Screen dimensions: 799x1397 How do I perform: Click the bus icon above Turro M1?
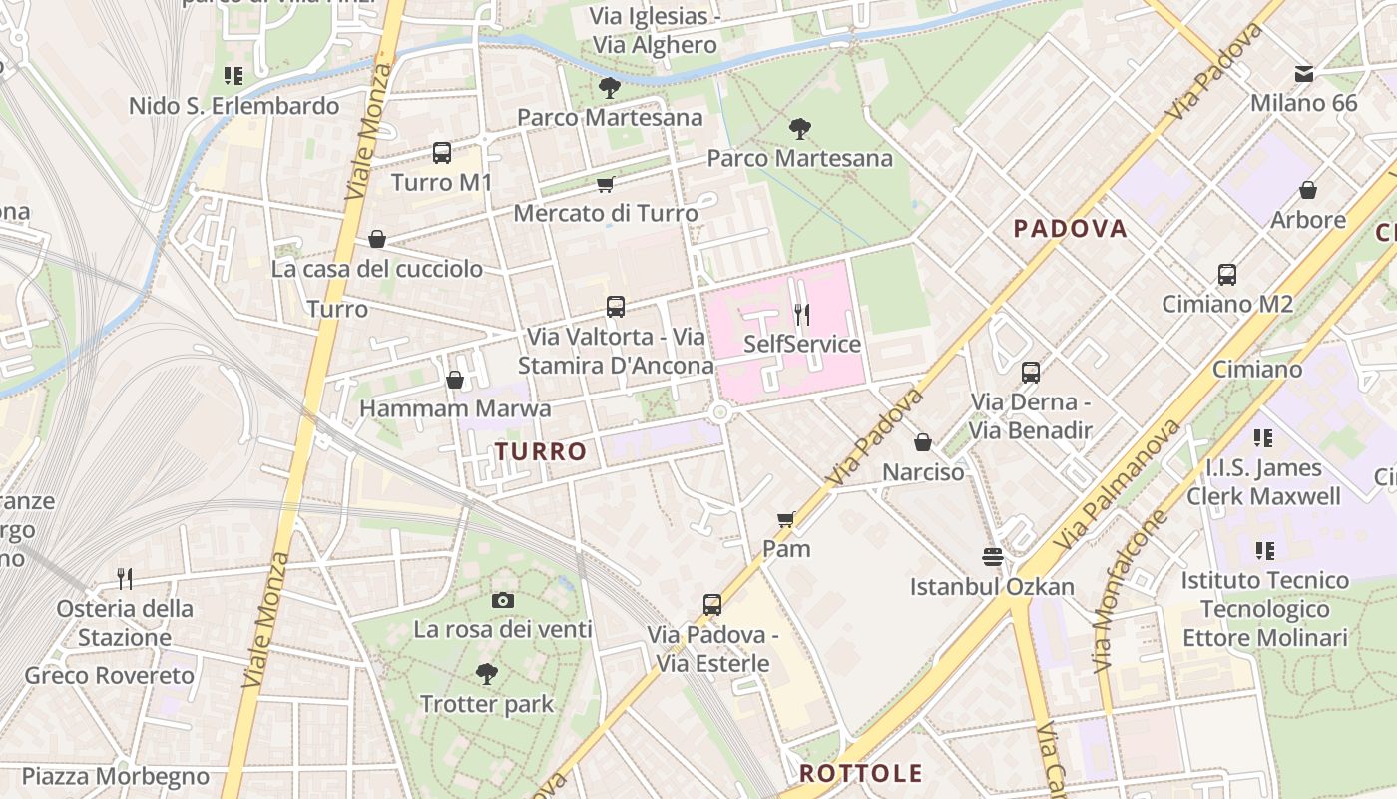click(x=442, y=153)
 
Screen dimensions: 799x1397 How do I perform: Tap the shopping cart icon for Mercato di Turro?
click(x=605, y=184)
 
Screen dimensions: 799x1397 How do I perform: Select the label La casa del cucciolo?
click(x=377, y=269)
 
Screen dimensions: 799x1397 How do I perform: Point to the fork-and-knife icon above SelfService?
click(x=802, y=315)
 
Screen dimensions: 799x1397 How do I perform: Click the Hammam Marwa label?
click(x=455, y=408)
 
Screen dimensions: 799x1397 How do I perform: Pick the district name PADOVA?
click(x=1070, y=229)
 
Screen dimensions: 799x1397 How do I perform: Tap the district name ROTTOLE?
click(x=861, y=773)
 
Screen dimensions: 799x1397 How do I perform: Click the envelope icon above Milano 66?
click(x=1303, y=74)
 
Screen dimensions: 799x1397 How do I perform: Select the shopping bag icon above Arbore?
click(x=1307, y=190)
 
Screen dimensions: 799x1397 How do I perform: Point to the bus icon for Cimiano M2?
click(x=1227, y=275)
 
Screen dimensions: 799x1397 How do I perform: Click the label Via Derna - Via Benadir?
click(x=1032, y=416)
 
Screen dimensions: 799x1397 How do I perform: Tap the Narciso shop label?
click(x=923, y=471)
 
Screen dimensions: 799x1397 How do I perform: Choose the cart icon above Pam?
click(x=786, y=519)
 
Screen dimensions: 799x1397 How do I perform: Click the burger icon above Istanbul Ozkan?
click(x=992, y=557)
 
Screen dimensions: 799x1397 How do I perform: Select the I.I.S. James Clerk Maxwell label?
click(x=1263, y=482)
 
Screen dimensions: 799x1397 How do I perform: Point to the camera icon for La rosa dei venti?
click(x=503, y=600)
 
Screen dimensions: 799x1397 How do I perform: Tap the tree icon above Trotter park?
click(x=487, y=674)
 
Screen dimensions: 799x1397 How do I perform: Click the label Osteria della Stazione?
click(x=125, y=623)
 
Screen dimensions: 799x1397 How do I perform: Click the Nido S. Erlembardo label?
click(x=233, y=106)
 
